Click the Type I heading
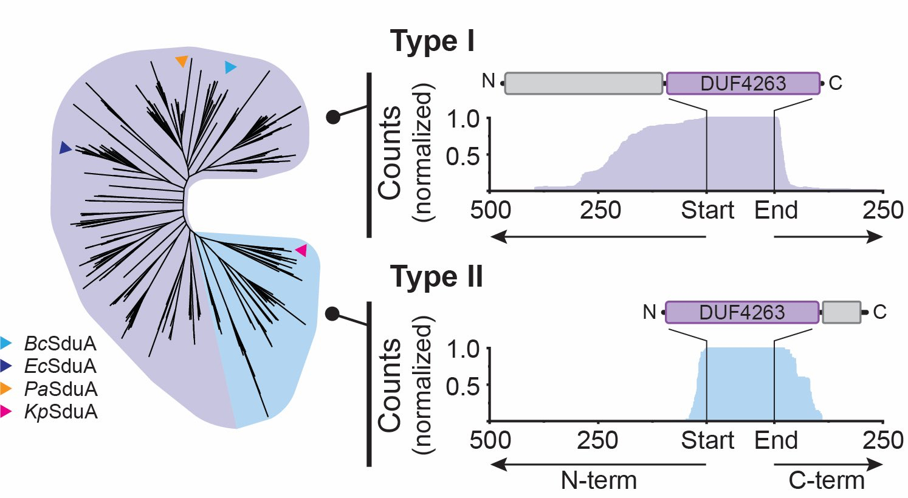[x=432, y=42]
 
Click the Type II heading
[x=436, y=277]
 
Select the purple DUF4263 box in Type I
[x=743, y=83]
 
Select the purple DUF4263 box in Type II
[x=742, y=312]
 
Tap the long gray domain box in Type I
[x=583, y=83]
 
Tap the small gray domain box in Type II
[x=841, y=312]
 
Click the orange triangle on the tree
[x=181, y=61]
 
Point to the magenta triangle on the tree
[x=301, y=250]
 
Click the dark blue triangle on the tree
[x=65, y=148]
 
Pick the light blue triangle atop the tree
[x=230, y=67]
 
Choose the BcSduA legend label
[x=60, y=344]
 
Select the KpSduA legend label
[x=60, y=412]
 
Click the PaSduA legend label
[x=60, y=389]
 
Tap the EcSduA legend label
[x=60, y=366]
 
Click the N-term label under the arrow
[x=598, y=481]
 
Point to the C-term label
[x=826, y=481]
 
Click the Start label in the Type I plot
[x=707, y=211]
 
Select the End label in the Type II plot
[x=776, y=440]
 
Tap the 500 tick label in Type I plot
[x=490, y=211]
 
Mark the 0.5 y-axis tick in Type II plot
[x=463, y=386]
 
